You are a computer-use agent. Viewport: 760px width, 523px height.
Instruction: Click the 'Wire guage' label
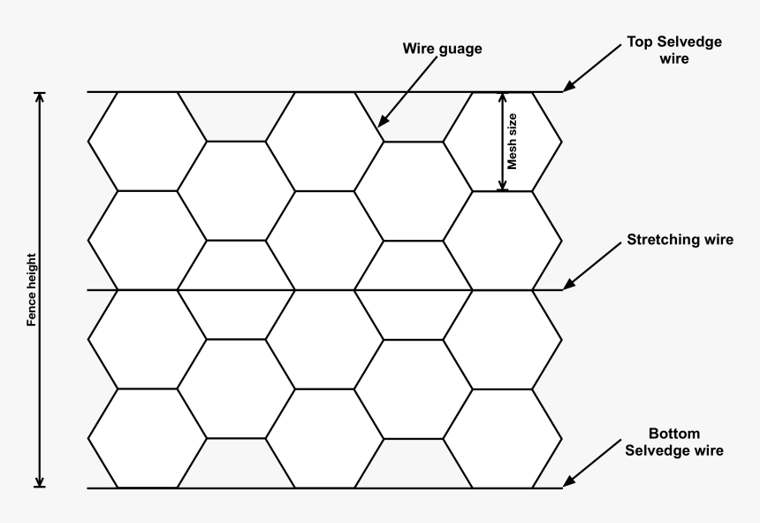click(x=442, y=49)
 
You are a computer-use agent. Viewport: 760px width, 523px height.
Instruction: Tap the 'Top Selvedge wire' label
click(x=674, y=50)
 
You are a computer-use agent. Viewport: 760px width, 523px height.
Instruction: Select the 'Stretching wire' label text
click(x=680, y=240)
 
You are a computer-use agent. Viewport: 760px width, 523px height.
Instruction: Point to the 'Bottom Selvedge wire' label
click(x=674, y=442)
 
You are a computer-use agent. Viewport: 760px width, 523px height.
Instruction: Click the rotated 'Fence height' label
click(x=32, y=289)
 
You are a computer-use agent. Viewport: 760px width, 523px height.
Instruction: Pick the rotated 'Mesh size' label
click(x=513, y=142)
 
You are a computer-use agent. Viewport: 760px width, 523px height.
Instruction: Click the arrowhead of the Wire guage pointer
click(x=383, y=122)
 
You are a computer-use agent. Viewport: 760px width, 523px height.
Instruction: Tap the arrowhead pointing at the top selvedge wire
click(x=568, y=86)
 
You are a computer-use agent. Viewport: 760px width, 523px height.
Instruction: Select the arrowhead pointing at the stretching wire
click(x=568, y=284)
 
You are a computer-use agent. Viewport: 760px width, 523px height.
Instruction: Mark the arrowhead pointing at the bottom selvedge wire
click(x=568, y=481)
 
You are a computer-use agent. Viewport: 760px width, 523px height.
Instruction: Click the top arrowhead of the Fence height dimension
click(x=41, y=97)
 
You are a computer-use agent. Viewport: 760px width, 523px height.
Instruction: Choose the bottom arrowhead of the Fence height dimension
click(x=41, y=481)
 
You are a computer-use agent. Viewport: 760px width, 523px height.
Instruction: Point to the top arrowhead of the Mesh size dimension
click(x=503, y=97)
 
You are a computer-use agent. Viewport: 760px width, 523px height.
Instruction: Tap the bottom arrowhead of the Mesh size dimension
click(x=503, y=185)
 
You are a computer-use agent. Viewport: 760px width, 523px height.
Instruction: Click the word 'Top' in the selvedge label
click(x=638, y=42)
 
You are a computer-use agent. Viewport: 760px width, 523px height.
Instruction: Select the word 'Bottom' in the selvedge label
click(x=674, y=434)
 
